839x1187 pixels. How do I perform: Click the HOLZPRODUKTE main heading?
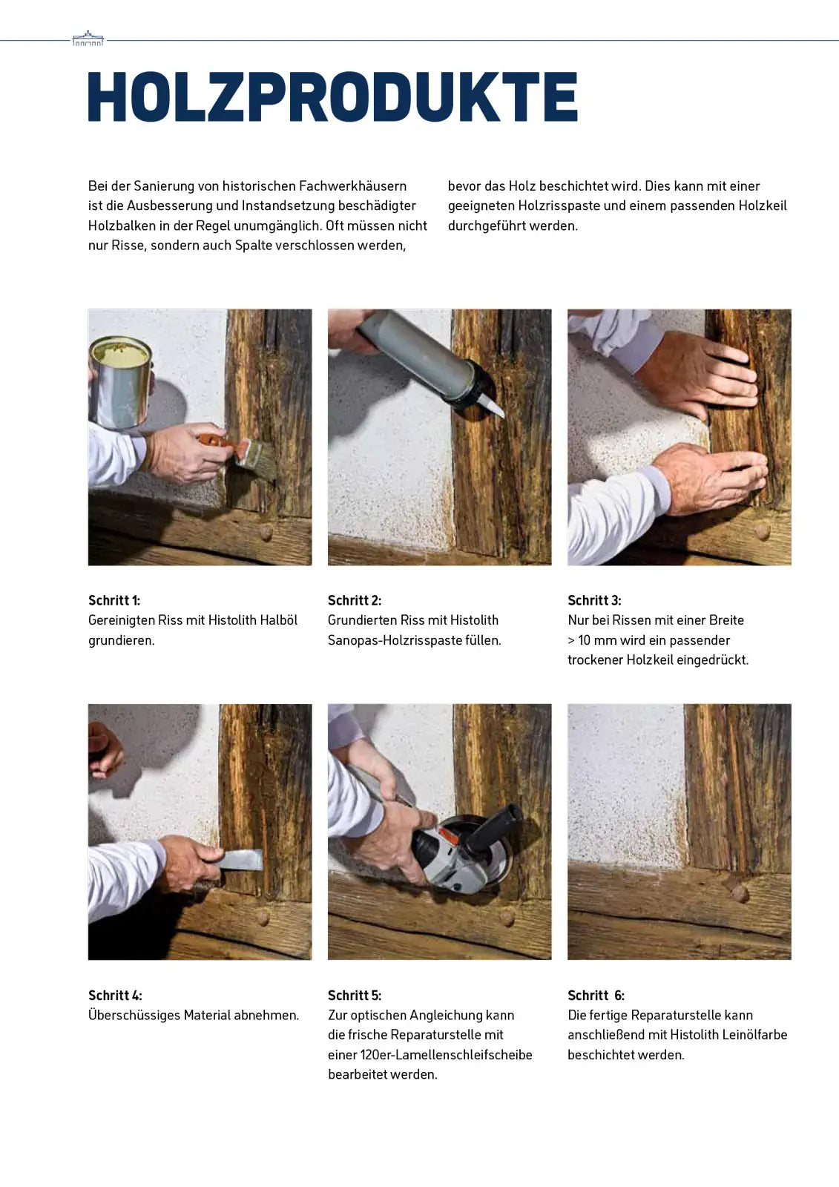(x=332, y=96)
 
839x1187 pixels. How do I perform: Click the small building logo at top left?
(x=88, y=39)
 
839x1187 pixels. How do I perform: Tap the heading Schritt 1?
(x=114, y=600)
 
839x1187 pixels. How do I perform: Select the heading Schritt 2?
(x=355, y=600)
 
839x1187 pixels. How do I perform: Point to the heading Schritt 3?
(x=594, y=600)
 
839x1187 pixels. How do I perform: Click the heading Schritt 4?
(x=115, y=995)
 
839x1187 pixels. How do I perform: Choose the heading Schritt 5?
(x=355, y=995)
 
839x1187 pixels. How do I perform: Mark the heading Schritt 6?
(x=596, y=995)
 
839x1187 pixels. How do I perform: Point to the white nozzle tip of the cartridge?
(x=492, y=406)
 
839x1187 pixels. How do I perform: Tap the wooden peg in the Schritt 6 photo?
(x=739, y=892)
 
